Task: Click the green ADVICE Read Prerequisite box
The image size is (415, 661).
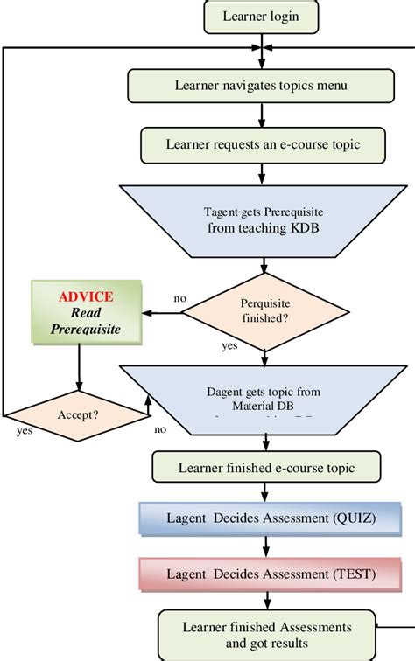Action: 86,311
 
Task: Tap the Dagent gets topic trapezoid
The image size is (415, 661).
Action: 264,399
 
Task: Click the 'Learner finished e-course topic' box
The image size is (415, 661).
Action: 264,467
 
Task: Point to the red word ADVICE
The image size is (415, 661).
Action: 85,296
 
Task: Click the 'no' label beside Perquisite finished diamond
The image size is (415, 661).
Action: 180,299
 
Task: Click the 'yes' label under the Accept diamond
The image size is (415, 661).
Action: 25,431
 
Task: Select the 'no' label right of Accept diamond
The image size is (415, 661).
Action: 160,429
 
